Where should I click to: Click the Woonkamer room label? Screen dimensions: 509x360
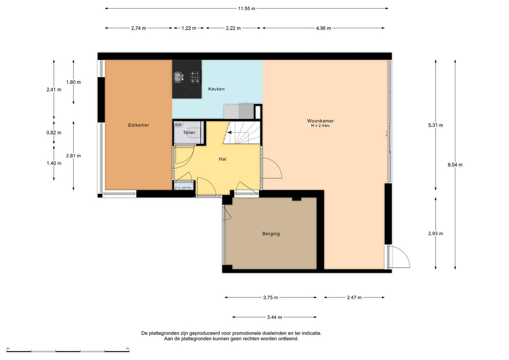pyautogui.click(x=320, y=121)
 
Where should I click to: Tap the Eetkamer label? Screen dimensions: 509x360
pyautogui.click(x=139, y=125)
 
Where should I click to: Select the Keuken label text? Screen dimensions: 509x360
pyautogui.click(x=216, y=89)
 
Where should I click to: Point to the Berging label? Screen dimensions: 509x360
pyautogui.click(x=271, y=234)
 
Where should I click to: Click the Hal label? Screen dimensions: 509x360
pyautogui.click(x=222, y=159)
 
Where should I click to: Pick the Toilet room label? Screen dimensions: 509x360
pyautogui.click(x=189, y=132)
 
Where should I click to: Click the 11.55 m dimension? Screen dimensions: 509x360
pyautogui.click(x=247, y=9)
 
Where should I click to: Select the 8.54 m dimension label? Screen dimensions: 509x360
pyautogui.click(x=455, y=165)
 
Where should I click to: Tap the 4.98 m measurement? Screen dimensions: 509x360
pyautogui.click(x=323, y=28)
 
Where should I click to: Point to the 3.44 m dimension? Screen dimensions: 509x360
pyautogui.click(x=274, y=317)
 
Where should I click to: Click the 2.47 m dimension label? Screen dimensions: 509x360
pyautogui.click(x=354, y=297)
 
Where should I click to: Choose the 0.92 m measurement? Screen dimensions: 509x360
pyautogui.click(x=54, y=132)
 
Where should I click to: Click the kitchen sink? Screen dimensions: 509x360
pyautogui.click(x=178, y=77)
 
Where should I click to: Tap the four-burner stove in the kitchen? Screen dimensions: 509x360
pyautogui.click(x=195, y=77)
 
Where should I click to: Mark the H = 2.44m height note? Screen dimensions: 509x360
pyautogui.click(x=320, y=126)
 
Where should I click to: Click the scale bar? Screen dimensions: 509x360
pyautogui.click(x=68, y=351)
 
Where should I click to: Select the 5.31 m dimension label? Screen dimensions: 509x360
pyautogui.click(x=436, y=125)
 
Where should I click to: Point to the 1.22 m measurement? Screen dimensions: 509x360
pyautogui.click(x=189, y=28)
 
